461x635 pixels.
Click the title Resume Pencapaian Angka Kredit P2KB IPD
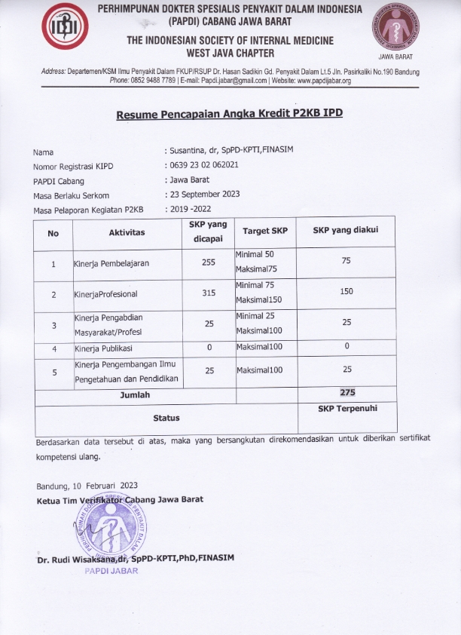click(229, 115)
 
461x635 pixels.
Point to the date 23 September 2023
click(202, 194)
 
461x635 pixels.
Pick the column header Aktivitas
click(127, 232)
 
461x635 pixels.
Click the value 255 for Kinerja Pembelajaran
click(209, 263)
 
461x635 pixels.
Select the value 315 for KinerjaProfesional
click(209, 293)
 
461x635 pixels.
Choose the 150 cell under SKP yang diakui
click(347, 291)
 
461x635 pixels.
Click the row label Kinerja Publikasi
click(103, 348)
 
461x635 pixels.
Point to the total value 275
click(347, 392)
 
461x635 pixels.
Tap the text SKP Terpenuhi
click(347, 408)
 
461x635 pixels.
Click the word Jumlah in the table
click(135, 394)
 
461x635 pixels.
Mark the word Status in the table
click(166, 417)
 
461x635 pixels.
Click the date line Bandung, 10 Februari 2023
click(87, 485)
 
